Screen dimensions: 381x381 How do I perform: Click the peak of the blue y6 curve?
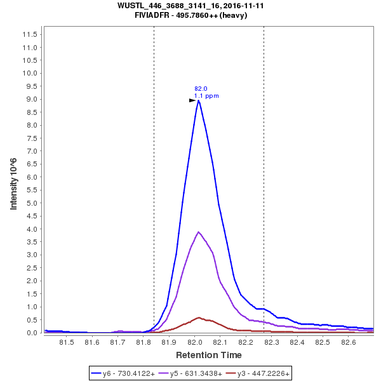point(199,100)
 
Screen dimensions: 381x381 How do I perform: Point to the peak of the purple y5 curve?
point(199,232)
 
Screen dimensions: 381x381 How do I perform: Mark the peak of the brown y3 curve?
point(199,317)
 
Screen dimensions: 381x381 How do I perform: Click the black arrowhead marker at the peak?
point(192,100)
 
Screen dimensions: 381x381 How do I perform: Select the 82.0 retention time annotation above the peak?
point(201,89)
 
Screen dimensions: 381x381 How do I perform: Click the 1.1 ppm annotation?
point(206,96)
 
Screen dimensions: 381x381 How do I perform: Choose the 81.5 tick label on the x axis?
point(66,343)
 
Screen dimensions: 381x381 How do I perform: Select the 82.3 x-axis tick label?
point(271,343)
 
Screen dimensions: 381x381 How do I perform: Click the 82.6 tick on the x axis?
point(348,343)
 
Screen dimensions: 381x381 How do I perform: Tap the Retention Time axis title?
point(208,355)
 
